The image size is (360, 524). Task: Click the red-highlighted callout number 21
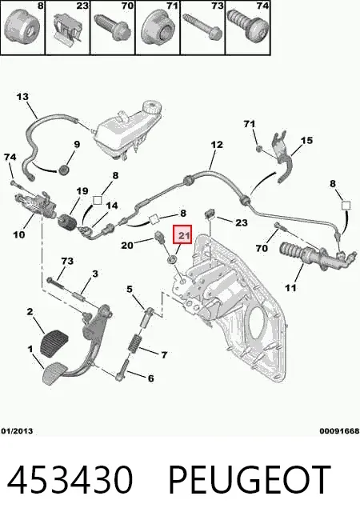(x=182, y=234)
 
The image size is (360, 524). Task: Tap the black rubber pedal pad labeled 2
(x=53, y=342)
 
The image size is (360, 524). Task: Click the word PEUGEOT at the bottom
(x=250, y=479)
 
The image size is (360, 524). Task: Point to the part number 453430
(x=70, y=479)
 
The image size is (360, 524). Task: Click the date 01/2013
(x=17, y=431)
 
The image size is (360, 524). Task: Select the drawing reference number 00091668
(x=339, y=431)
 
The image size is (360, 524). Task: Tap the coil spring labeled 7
(x=134, y=343)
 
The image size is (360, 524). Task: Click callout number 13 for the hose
(x=22, y=97)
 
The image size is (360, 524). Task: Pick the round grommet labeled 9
(x=63, y=170)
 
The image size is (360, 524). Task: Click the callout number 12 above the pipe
(x=217, y=145)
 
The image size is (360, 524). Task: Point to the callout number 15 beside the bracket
(x=306, y=140)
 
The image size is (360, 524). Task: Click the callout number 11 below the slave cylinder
(x=290, y=287)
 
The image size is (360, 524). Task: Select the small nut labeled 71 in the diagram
(x=258, y=148)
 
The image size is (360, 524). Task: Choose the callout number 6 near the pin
(x=150, y=378)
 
